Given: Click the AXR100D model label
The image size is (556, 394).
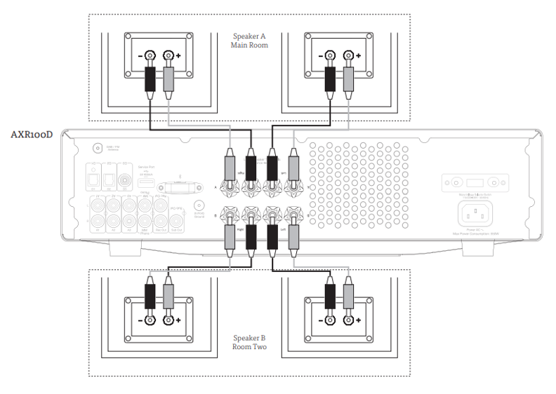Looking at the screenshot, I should [x=32, y=135].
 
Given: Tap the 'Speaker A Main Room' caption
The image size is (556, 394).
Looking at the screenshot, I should [x=249, y=41].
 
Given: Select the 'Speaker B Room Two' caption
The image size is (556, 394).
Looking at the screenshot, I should [x=249, y=341].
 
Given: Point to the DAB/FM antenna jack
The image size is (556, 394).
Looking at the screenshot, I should [x=98, y=149].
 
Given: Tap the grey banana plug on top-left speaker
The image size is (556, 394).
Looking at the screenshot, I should [x=168, y=82].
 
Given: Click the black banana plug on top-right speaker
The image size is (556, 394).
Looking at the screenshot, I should [x=329, y=82].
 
